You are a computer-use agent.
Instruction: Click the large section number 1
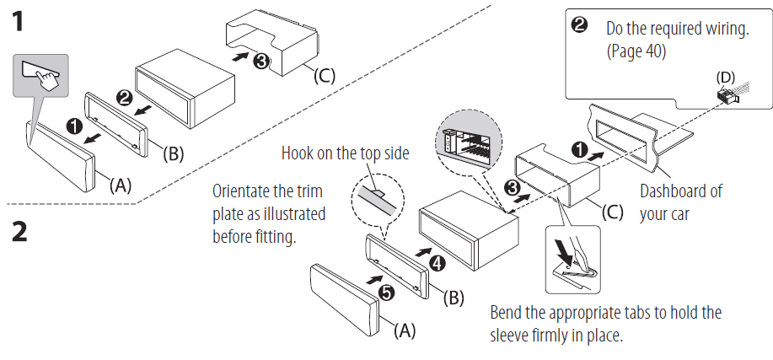click(x=18, y=22)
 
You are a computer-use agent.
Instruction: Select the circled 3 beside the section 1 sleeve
click(x=261, y=60)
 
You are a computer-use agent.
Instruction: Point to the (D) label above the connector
click(x=726, y=76)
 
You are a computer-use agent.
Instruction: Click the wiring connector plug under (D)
click(x=727, y=96)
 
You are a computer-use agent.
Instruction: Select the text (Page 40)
click(x=636, y=51)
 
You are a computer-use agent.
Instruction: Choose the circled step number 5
click(x=385, y=293)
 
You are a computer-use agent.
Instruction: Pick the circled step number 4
click(x=436, y=263)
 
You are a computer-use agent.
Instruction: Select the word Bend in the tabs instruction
click(x=507, y=313)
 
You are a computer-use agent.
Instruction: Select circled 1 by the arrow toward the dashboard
click(x=579, y=150)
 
